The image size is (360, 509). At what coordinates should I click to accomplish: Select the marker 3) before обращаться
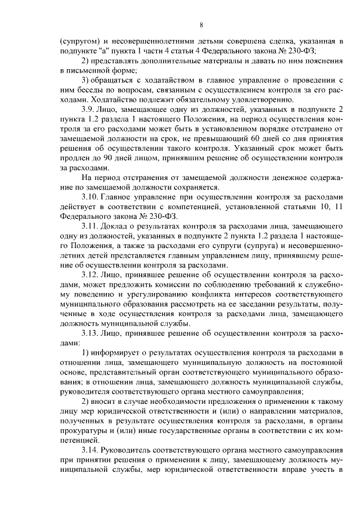86,80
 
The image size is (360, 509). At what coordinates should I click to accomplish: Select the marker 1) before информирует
86,353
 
